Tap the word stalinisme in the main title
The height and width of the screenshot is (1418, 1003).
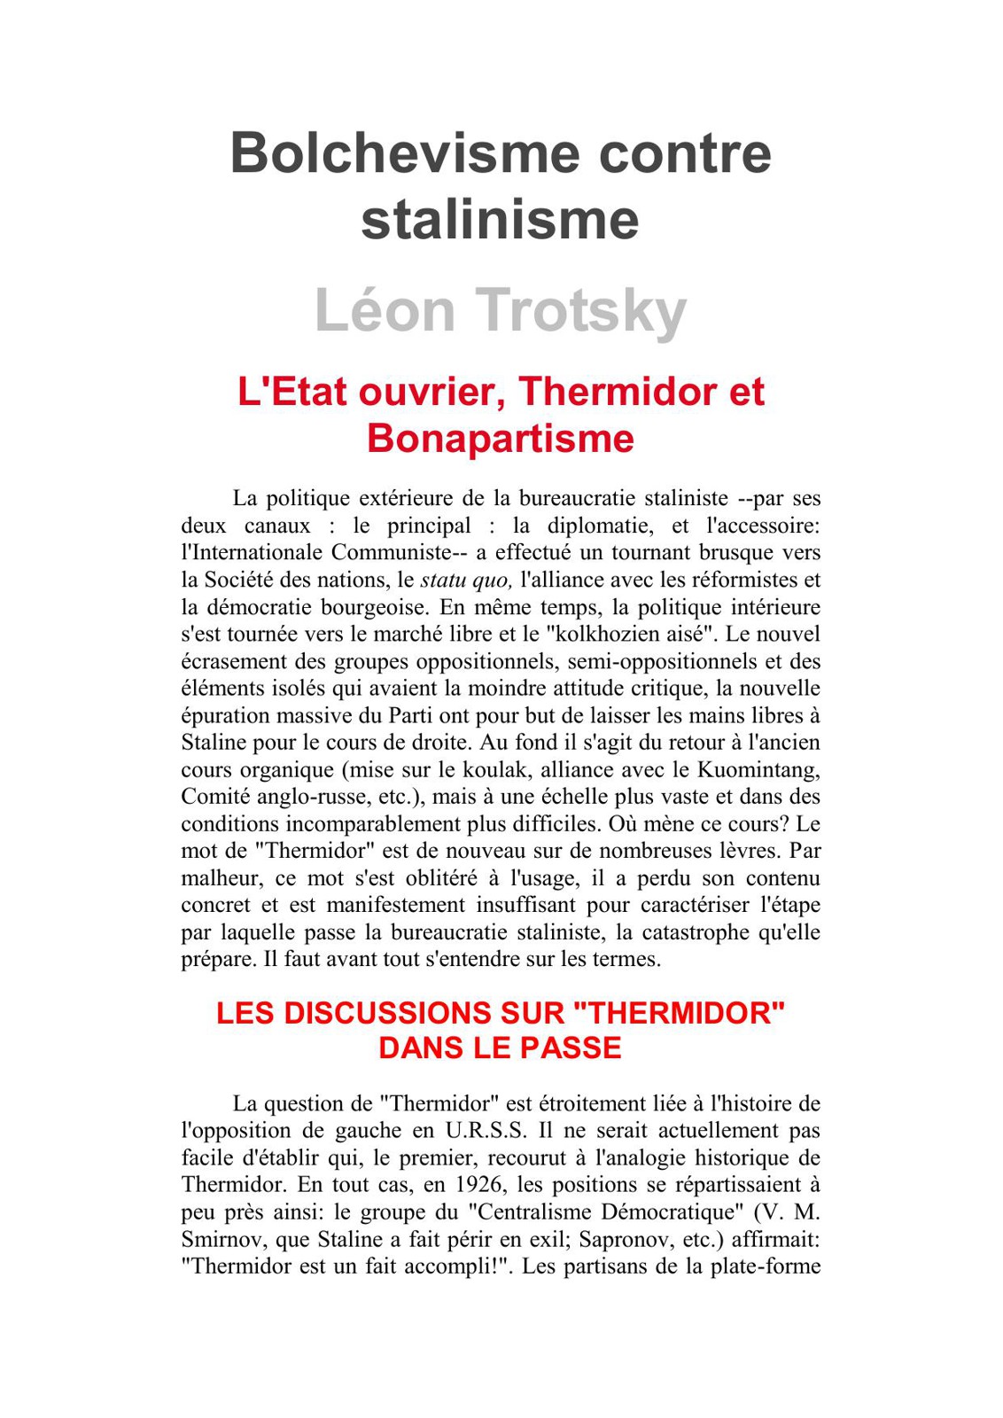tap(500, 220)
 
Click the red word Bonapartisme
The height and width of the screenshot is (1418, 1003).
tap(501, 438)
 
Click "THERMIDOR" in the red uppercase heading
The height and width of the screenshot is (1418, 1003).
tap(680, 1013)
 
